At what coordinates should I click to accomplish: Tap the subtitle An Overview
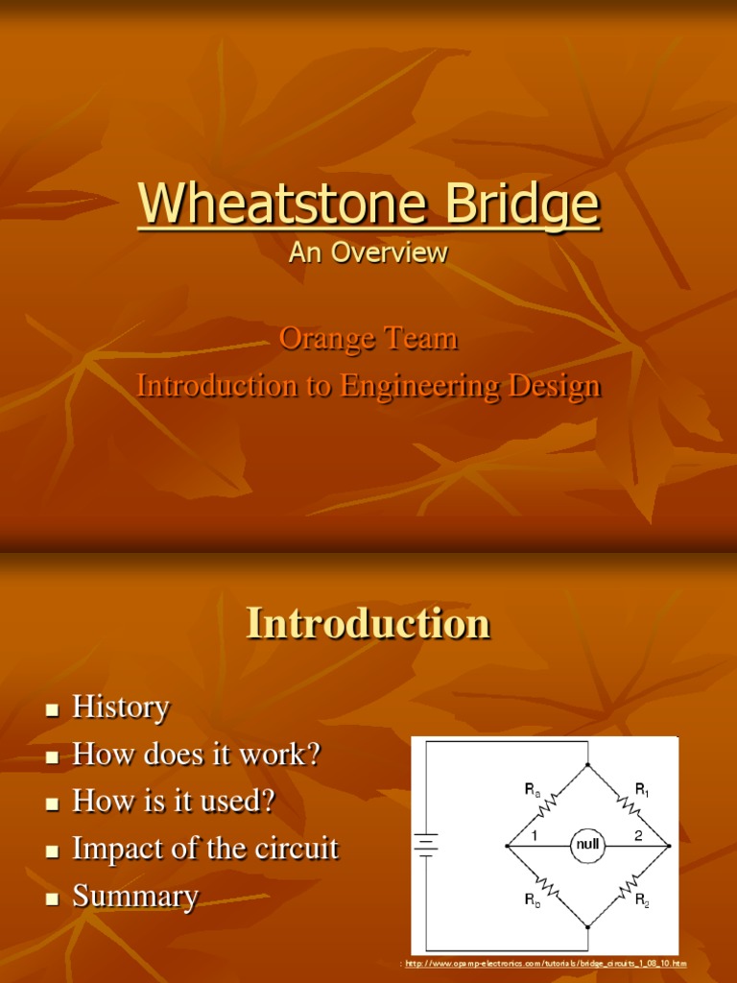pos(368,252)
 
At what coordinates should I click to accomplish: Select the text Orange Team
pos(368,339)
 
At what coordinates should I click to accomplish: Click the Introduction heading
pos(368,624)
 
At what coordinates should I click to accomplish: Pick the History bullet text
pos(121,708)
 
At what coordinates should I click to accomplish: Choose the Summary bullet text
pos(135,898)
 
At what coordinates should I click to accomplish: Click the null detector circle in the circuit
pos(585,846)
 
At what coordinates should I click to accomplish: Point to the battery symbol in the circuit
pos(425,845)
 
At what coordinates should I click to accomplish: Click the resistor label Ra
pos(532,790)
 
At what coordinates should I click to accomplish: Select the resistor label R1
pos(642,790)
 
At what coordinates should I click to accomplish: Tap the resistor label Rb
pos(532,901)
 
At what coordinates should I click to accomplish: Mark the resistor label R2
pos(642,901)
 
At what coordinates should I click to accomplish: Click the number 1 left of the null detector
pos(534,836)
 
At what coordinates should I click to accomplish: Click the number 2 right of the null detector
pos(638,836)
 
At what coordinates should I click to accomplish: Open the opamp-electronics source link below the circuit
pos(545,963)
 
